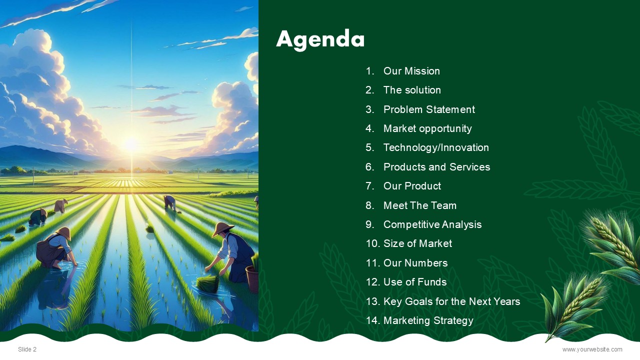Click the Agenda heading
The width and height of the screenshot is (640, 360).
320,39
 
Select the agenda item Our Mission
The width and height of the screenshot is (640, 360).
411,71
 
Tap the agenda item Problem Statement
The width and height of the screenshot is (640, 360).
429,109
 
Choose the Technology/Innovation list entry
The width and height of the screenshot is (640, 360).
436,147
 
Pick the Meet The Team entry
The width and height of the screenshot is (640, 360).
420,205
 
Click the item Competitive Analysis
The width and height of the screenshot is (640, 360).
432,224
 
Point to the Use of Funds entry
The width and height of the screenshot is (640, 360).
415,282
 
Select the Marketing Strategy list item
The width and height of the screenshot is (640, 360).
428,320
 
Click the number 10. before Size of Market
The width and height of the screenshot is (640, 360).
373,243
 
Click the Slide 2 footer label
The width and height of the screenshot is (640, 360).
27,349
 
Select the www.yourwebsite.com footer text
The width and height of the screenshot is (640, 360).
592,349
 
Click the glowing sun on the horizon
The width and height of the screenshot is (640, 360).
131,144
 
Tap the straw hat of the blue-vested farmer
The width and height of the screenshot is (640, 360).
222,229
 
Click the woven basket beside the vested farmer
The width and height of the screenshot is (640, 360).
252,279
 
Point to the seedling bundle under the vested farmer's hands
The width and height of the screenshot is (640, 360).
208,283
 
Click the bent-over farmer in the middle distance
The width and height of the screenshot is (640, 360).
169,203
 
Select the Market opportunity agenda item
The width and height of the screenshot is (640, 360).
427,129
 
